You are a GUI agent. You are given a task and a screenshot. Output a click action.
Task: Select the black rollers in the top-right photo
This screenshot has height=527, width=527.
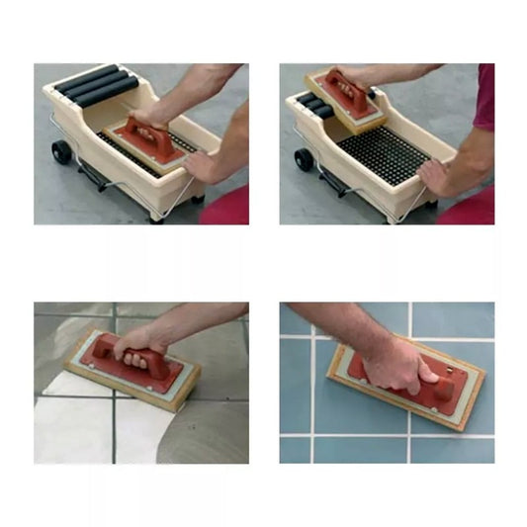tap(311, 106)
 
